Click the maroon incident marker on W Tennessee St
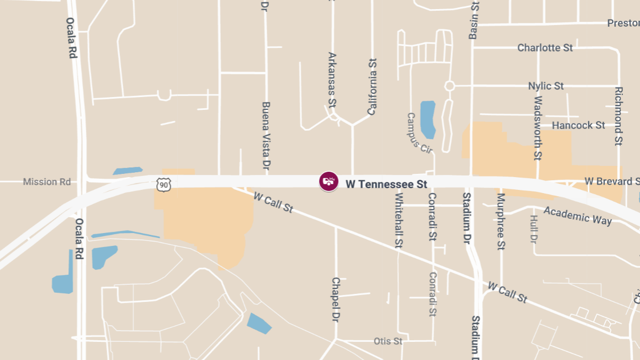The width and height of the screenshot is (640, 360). click(329, 181)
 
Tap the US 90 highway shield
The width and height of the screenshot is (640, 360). click(164, 184)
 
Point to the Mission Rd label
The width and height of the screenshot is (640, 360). click(47, 182)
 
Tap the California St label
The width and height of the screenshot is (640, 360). click(372, 87)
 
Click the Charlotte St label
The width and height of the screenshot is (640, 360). click(545, 48)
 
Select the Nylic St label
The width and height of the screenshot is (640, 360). click(546, 86)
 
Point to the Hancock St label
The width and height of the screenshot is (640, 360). click(579, 125)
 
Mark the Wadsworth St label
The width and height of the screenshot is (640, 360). click(538, 128)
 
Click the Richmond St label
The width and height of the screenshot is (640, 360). click(618, 116)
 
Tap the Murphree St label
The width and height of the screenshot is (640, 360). click(501, 221)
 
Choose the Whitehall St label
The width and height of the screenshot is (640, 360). click(398, 220)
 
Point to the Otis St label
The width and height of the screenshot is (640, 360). click(388, 341)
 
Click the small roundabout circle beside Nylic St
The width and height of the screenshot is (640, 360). click(450, 86)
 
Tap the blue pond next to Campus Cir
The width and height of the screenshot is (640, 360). click(428, 118)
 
